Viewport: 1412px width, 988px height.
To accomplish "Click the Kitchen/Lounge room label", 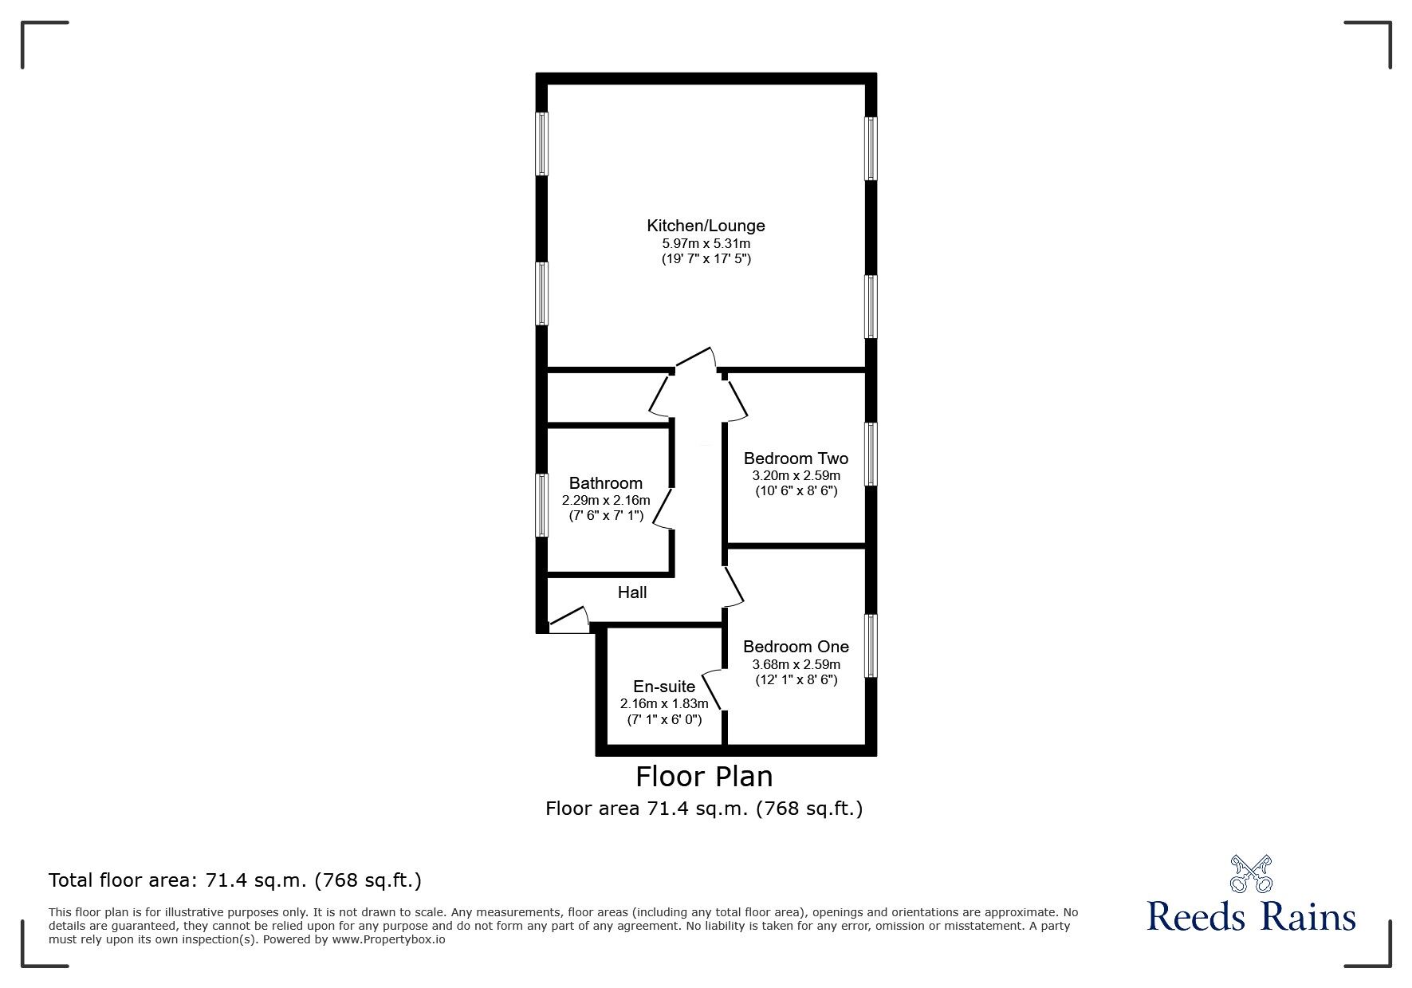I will [x=705, y=226].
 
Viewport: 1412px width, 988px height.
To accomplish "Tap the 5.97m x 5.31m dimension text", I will [x=705, y=243].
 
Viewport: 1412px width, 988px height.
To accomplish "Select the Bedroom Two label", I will [x=795, y=459].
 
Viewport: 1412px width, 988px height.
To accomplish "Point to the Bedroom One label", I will [x=795, y=647].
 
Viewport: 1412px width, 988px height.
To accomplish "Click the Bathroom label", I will [x=605, y=483].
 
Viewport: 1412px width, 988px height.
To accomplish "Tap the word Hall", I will [x=631, y=592].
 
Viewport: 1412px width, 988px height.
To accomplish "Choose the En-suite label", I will [x=663, y=687].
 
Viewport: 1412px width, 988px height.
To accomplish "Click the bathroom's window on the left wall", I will [x=541, y=505].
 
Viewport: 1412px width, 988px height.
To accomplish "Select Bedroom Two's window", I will [x=871, y=454].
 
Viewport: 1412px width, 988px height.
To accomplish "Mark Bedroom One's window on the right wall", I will [x=871, y=645].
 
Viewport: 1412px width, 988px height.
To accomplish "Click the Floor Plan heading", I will [x=703, y=776].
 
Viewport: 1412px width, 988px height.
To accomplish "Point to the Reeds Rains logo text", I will [x=1251, y=917].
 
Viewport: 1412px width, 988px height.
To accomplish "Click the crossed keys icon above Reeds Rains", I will [x=1251, y=872].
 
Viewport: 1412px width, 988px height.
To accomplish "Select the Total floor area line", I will [x=235, y=880].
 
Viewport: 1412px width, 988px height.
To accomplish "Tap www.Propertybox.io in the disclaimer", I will [x=388, y=939].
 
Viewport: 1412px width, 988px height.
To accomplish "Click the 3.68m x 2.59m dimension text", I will [x=796, y=664].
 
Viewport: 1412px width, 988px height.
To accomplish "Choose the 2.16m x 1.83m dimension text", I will [x=663, y=704].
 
